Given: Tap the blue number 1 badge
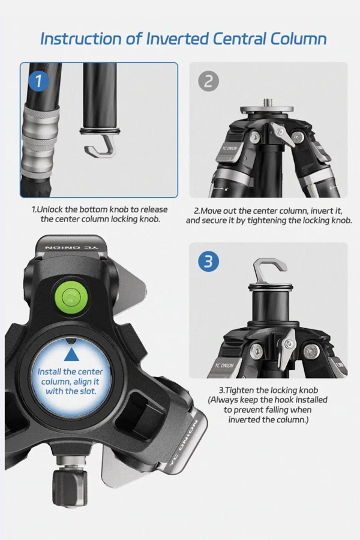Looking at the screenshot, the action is [38, 81].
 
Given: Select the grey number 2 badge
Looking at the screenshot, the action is [208, 82].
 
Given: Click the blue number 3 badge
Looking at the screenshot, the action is [208, 262].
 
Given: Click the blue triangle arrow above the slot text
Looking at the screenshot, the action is [71, 355].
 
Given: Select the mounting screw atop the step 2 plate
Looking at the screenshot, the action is [268, 102].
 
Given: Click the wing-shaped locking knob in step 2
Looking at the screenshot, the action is [283, 134].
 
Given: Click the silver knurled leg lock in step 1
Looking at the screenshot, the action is [39, 141].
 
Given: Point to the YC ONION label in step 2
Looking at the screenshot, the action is [230, 148].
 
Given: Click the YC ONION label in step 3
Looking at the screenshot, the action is [224, 365].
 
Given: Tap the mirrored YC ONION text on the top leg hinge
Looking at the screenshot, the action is [71, 248].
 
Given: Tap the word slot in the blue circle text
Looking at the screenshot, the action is [88, 391].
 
